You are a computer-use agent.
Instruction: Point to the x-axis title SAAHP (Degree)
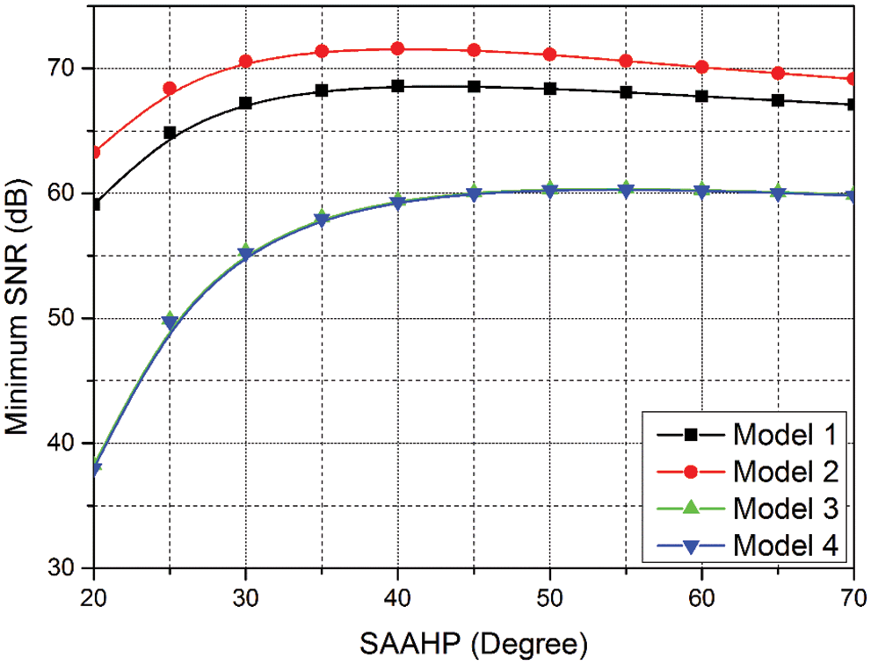(x=472, y=645)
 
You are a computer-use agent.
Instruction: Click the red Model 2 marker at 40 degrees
(x=397, y=48)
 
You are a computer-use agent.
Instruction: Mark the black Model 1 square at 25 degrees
(x=170, y=133)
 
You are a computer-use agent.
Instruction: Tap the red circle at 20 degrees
(x=94, y=152)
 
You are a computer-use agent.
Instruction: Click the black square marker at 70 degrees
(x=853, y=105)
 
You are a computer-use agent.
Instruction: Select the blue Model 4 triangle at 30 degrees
(x=246, y=255)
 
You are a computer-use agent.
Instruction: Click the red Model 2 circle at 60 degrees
(x=701, y=67)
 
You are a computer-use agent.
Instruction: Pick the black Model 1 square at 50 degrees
(x=549, y=89)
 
